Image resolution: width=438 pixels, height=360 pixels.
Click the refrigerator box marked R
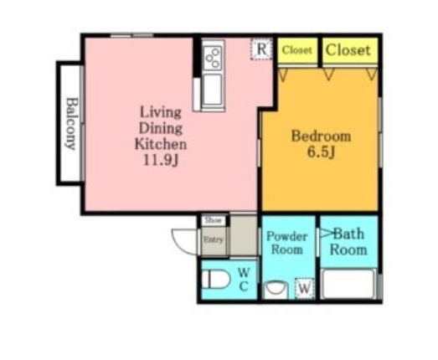pos(261,49)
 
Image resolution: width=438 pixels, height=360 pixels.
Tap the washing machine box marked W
pos(305,288)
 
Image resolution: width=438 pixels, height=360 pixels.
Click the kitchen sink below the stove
pos(213,90)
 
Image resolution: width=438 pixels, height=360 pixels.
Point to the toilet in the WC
pos(215,279)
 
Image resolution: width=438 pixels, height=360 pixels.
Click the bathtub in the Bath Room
pos(348,284)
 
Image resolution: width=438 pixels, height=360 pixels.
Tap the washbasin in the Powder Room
pos(276,290)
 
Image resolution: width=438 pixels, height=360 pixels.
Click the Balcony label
pos(71,123)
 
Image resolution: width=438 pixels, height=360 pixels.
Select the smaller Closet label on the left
pos(296,50)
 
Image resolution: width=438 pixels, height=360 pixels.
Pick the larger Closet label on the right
pos(348,50)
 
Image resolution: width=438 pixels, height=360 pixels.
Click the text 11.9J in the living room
pos(161,160)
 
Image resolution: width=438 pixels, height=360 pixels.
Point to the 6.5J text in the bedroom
pos(321,152)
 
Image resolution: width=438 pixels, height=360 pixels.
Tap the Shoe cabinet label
pos(214,220)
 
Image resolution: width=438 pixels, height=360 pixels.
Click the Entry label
pos(214,239)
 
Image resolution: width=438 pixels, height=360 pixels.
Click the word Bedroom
pos(321,136)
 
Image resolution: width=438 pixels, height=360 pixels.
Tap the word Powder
pos(287,237)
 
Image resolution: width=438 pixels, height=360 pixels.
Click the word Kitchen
pos(161,144)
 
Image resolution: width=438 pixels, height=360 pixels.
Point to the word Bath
pos(349,234)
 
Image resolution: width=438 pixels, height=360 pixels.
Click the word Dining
pos(161,129)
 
